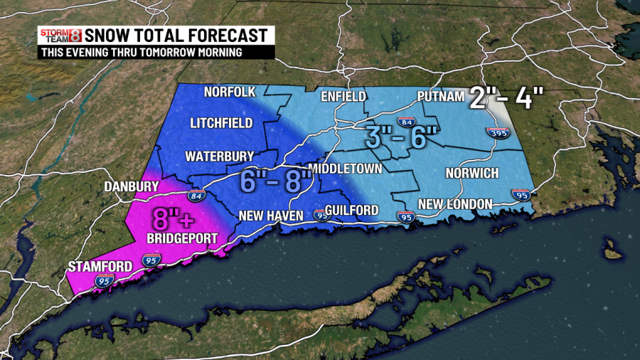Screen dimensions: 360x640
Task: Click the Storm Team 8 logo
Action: [60, 35]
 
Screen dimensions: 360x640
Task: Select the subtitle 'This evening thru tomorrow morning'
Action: [141, 52]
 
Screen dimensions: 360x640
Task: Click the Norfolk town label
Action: [229, 92]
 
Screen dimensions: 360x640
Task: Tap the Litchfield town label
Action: [221, 123]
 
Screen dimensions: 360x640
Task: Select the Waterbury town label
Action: [215, 156]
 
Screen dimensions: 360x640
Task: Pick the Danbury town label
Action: [131, 186]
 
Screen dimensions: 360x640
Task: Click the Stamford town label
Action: [100, 267]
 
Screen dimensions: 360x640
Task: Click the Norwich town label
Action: [471, 174]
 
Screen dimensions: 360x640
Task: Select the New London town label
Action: [455, 204]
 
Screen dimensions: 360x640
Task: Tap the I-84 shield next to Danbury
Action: [194, 195]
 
